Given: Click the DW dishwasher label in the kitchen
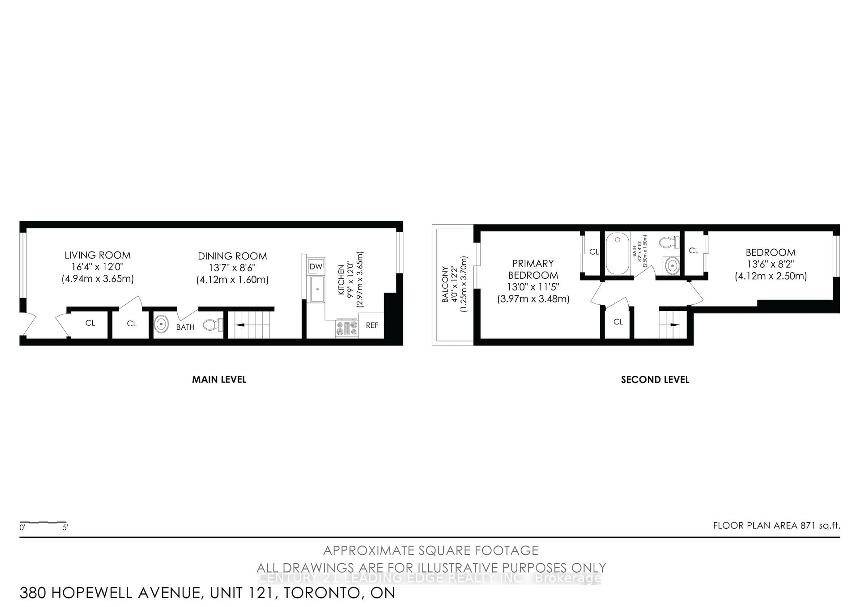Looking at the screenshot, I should (x=316, y=266).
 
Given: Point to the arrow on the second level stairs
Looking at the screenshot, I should (x=674, y=325).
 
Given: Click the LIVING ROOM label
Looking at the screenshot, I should (x=98, y=255).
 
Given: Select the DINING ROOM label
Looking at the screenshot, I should (x=232, y=256).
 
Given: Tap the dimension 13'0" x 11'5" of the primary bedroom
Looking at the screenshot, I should (x=533, y=287).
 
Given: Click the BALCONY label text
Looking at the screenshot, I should (x=445, y=284).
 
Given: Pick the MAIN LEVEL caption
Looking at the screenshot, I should (x=219, y=380).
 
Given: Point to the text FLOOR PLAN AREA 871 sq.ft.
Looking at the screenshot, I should (x=776, y=525).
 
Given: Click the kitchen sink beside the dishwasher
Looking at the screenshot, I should (x=317, y=289).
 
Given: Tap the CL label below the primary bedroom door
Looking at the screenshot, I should (x=618, y=322).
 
